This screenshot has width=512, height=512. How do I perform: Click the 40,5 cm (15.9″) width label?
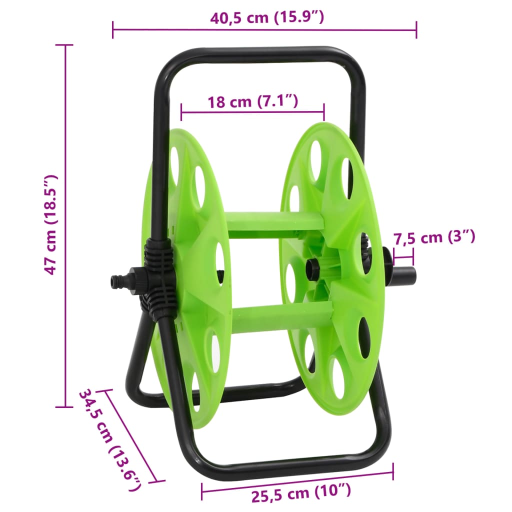point(267,18)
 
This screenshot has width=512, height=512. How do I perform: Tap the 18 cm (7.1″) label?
point(252,102)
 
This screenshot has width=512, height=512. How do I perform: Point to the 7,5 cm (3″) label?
point(433,237)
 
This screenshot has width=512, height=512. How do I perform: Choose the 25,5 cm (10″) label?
point(301,495)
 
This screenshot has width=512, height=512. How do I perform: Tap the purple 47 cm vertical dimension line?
point(65,225)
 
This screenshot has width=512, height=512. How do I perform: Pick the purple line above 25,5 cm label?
point(297,481)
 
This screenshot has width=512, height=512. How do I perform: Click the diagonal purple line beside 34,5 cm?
point(131,435)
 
